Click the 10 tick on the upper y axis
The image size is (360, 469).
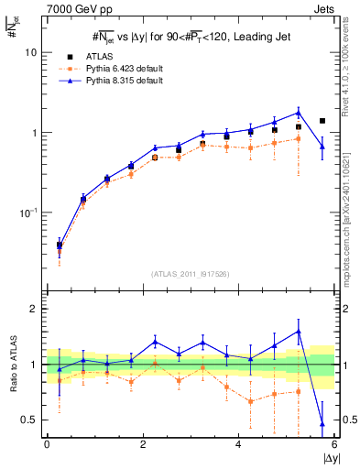(x=31, y=52)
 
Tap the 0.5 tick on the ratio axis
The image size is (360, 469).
(x=28, y=420)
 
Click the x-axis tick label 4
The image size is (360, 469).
(x=238, y=443)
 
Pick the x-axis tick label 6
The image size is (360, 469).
(x=334, y=443)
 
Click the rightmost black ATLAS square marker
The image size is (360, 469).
(x=322, y=121)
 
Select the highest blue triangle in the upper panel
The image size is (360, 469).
(x=298, y=113)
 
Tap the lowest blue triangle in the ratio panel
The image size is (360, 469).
(x=322, y=423)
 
